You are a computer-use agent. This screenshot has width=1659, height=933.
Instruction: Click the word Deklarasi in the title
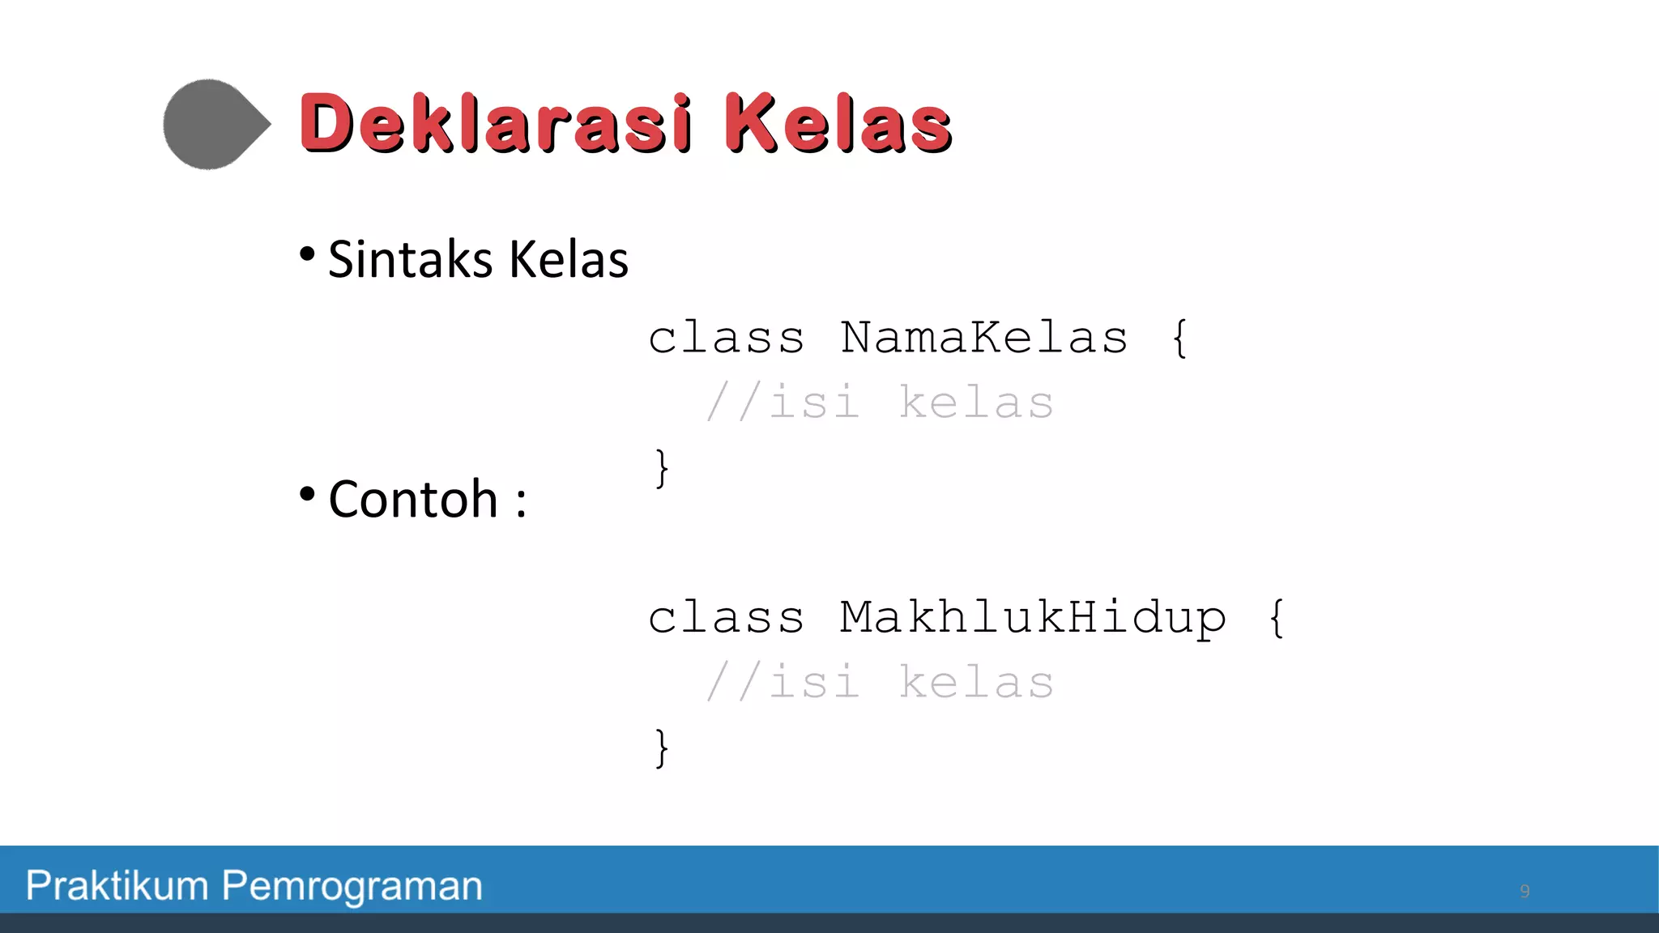click(x=496, y=123)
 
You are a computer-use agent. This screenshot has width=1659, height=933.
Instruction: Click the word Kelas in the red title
click(x=838, y=123)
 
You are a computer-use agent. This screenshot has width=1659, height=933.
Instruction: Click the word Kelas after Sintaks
click(x=569, y=260)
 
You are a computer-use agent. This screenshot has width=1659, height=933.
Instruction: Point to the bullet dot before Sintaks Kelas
click(x=307, y=254)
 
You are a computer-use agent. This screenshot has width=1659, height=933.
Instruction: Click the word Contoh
click(x=413, y=499)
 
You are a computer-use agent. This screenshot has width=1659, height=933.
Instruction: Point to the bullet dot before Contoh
click(x=307, y=493)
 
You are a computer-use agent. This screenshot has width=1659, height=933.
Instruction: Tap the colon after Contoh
click(x=521, y=502)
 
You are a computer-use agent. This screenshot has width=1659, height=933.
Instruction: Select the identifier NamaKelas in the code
click(x=983, y=338)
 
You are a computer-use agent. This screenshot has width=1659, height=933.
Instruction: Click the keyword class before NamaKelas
click(x=726, y=338)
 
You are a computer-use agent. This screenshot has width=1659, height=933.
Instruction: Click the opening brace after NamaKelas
click(x=1180, y=338)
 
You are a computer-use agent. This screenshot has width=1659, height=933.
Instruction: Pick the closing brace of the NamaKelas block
click(x=662, y=468)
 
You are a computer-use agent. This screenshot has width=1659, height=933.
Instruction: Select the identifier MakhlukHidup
click(x=1033, y=618)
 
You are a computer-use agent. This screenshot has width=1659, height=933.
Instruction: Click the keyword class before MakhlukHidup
click(x=726, y=618)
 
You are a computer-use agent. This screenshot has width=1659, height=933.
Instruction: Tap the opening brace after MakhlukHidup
click(x=1277, y=618)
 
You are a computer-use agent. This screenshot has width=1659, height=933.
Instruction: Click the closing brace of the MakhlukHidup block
click(x=662, y=748)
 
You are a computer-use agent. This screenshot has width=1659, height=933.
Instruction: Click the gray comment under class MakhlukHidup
click(x=880, y=682)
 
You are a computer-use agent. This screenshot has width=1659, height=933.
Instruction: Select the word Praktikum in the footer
click(x=117, y=885)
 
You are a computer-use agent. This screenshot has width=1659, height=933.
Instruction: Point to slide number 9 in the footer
click(x=1525, y=892)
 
